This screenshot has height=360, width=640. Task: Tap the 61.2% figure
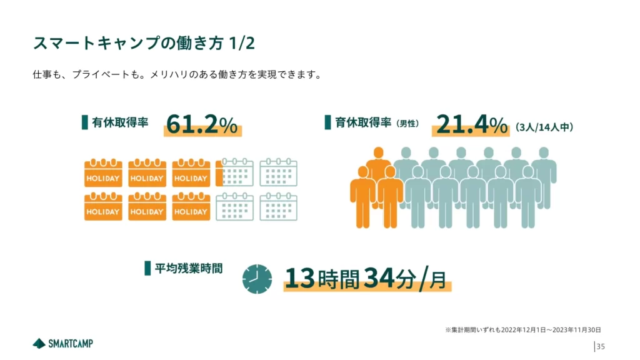[x=202, y=125]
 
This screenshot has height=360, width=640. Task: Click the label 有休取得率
[x=120, y=122]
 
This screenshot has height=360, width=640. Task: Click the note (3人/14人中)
[x=544, y=127]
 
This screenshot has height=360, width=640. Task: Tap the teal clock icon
[x=257, y=279]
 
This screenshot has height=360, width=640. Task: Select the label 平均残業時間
[x=188, y=269]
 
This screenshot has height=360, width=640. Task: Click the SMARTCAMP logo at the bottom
[x=63, y=343]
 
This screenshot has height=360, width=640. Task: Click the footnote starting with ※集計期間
[x=522, y=329]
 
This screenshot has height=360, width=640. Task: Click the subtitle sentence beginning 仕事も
[x=177, y=75]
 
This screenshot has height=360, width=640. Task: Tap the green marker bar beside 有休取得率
[x=84, y=122]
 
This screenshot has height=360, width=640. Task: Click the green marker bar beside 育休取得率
[x=327, y=122]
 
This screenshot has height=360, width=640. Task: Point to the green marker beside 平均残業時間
[x=147, y=269]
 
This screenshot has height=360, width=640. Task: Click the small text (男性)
[x=407, y=124]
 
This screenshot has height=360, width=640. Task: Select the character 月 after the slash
[x=439, y=280]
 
